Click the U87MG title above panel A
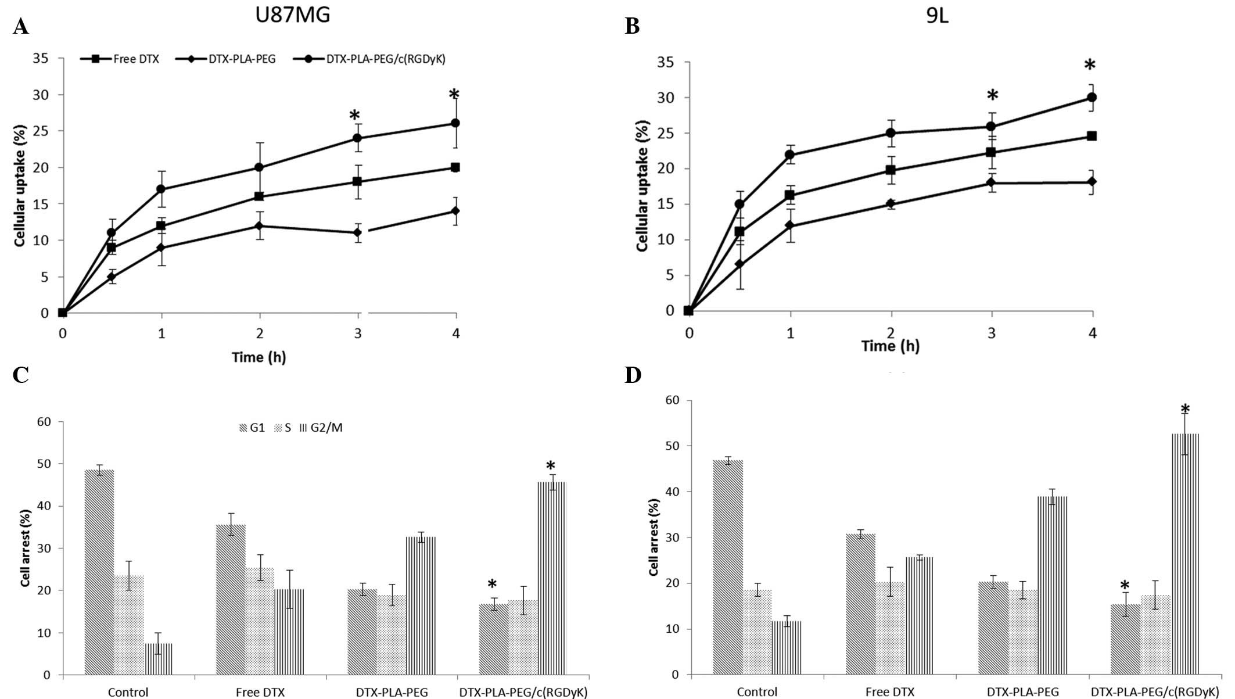coord(293,15)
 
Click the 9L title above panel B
coord(937,16)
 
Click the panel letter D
coord(633,375)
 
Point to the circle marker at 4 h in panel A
coord(455,123)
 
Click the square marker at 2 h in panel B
coord(891,170)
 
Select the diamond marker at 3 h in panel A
coord(358,232)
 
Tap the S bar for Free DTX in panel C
coord(260,621)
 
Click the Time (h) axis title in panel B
coord(890,346)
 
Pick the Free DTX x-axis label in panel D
coord(889,692)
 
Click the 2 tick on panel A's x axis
coord(260,334)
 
